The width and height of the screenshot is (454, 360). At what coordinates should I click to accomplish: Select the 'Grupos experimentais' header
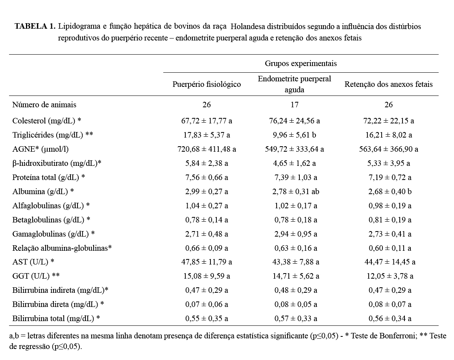pos(301,63)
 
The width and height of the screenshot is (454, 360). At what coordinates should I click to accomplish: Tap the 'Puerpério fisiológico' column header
pos(207,84)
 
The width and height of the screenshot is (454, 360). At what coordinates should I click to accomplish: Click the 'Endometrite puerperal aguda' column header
pos(294,84)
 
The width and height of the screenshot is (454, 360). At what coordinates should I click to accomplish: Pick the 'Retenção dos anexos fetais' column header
pos(388,84)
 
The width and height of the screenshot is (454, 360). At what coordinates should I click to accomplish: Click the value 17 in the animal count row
pos(294,105)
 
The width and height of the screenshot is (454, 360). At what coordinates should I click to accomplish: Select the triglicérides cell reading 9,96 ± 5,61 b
pos(294,135)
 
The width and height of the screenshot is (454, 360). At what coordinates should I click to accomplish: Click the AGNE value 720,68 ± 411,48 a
pos(207,149)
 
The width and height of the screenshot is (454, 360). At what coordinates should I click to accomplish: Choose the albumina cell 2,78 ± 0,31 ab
pos(294,191)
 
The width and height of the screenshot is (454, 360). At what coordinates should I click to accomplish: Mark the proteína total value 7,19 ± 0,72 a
pos(388,177)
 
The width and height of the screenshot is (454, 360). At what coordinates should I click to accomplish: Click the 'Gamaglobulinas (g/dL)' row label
pos(54,234)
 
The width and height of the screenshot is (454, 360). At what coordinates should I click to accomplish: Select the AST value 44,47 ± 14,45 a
pos(388,262)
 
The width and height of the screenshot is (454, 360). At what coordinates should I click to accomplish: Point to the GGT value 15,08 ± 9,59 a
pos(207,276)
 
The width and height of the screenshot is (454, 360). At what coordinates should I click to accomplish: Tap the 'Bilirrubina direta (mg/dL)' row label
pos(58,304)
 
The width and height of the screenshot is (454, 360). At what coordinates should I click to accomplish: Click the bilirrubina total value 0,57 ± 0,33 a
pos(294,318)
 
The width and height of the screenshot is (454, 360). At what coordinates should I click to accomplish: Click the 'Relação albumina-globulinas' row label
pos(62,248)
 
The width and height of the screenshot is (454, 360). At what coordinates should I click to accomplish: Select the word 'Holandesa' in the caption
pos(248,27)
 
